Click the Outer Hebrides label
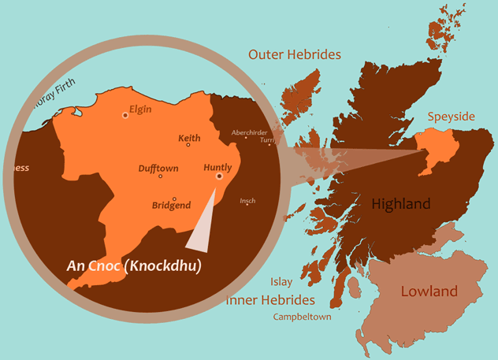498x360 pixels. (x=294, y=55)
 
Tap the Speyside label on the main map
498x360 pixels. (x=451, y=117)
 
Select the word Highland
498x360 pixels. (x=401, y=205)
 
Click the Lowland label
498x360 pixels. (x=429, y=291)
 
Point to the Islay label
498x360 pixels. (x=281, y=281)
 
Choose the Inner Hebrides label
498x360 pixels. (x=270, y=300)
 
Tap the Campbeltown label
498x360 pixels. (x=302, y=317)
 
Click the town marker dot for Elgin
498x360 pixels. (x=124, y=115)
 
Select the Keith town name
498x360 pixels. (x=189, y=139)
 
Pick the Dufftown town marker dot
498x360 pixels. (x=160, y=176)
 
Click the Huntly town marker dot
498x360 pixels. (x=219, y=176)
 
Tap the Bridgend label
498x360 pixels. (x=171, y=206)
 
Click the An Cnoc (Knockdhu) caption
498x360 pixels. (x=133, y=266)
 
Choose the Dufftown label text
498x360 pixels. (x=158, y=169)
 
